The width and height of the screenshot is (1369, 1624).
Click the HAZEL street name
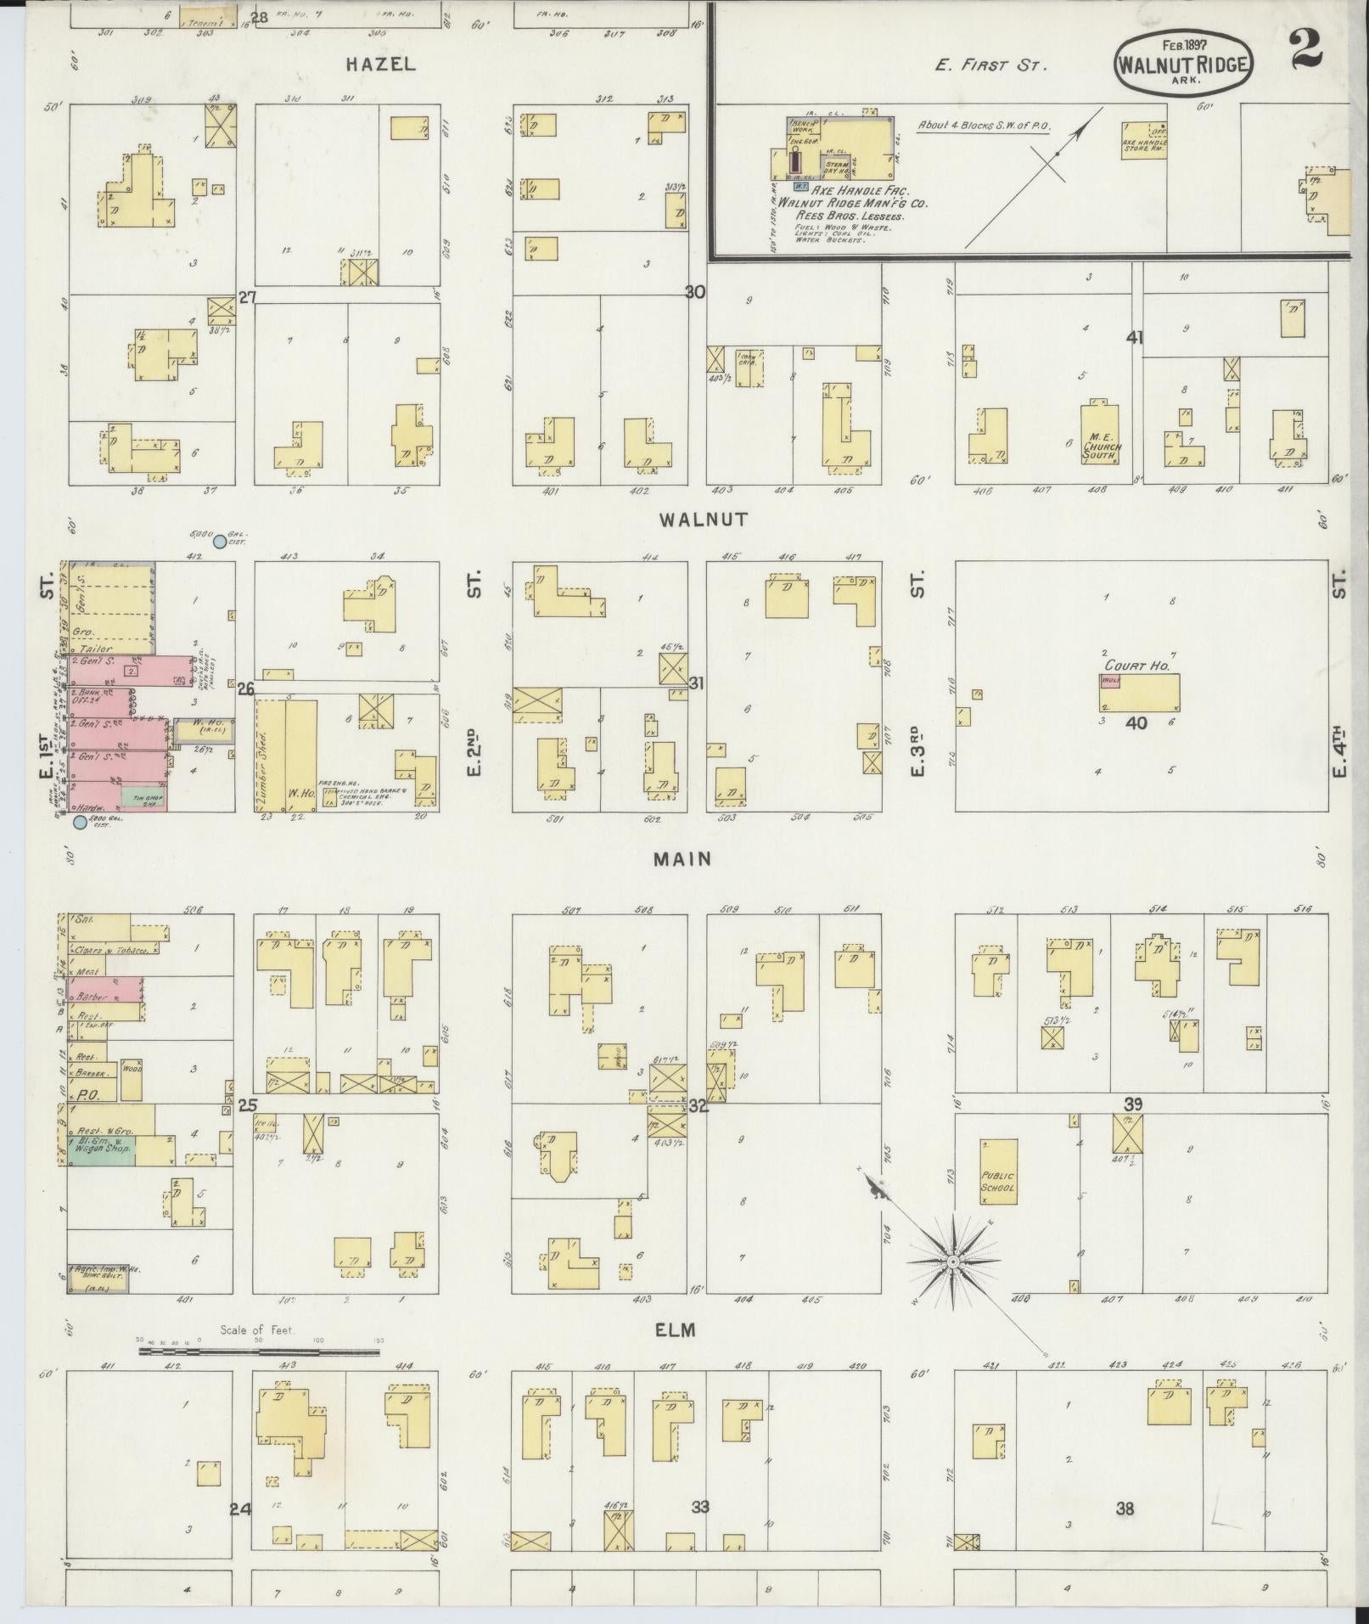click(x=380, y=64)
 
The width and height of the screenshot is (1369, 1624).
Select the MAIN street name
click(x=682, y=859)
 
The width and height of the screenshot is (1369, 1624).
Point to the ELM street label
click(x=676, y=1329)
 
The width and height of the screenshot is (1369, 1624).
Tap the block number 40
click(x=1136, y=722)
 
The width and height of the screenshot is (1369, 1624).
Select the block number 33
click(x=700, y=1508)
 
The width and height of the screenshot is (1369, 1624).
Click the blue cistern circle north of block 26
click(x=220, y=541)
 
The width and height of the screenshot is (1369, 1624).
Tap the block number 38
click(x=1125, y=1509)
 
